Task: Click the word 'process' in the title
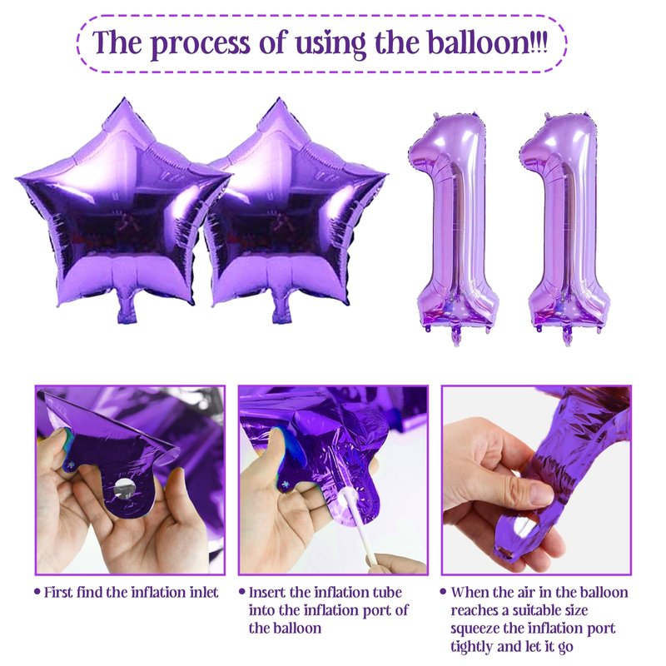[200, 43]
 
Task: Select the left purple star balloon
[123, 207]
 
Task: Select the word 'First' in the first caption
[59, 592]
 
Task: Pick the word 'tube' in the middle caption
[386, 592]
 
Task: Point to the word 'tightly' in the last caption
[471, 648]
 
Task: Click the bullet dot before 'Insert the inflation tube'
[242, 591]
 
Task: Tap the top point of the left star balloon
[124, 98]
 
